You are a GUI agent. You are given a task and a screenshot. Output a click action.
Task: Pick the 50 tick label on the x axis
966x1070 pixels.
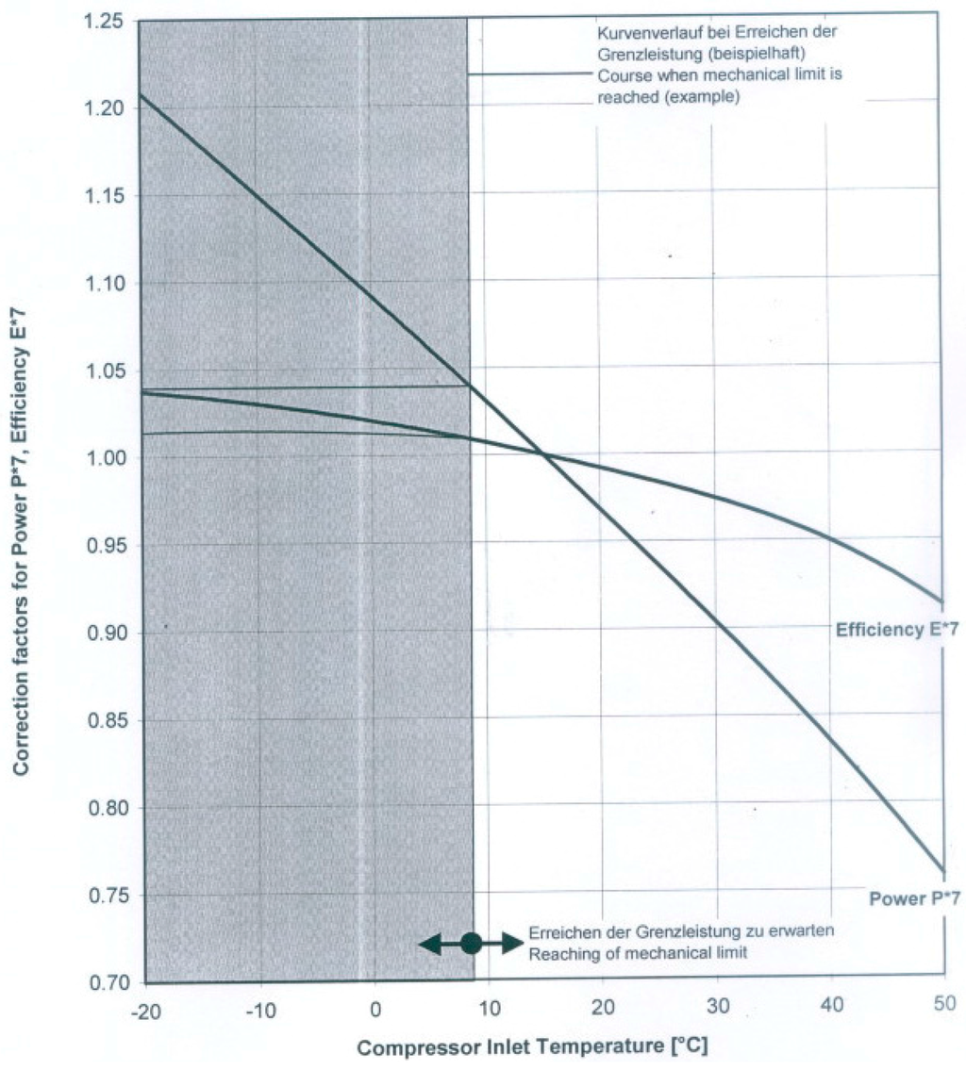(x=943, y=1007)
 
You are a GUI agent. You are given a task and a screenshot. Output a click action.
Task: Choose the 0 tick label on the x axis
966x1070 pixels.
(x=375, y=1007)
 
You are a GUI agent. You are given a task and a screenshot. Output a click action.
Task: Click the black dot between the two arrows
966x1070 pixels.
(x=472, y=942)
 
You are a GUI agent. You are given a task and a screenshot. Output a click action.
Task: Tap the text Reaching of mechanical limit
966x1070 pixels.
(x=638, y=953)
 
